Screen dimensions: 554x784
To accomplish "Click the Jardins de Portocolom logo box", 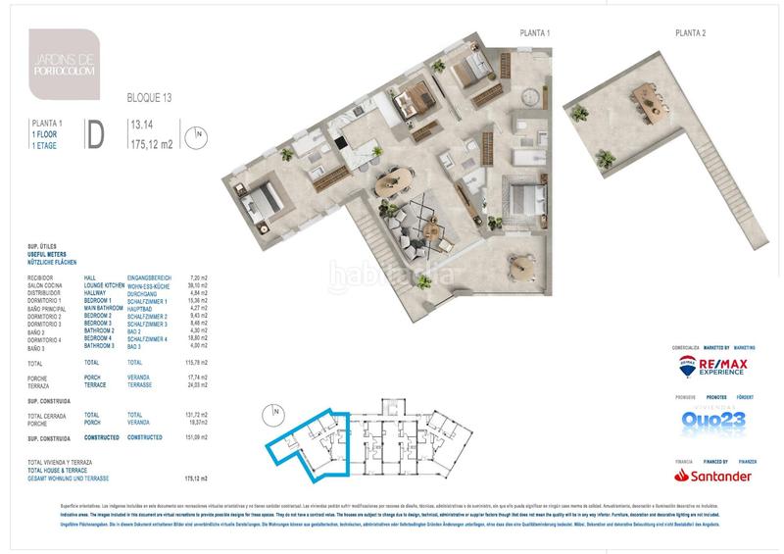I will (x=64, y=64).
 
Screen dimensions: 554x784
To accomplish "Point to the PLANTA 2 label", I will (x=691, y=33).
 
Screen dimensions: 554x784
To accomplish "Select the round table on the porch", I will (x=521, y=263).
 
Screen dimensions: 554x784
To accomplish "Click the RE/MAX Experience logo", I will (x=713, y=368).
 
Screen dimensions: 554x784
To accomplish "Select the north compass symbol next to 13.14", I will (x=199, y=133).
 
